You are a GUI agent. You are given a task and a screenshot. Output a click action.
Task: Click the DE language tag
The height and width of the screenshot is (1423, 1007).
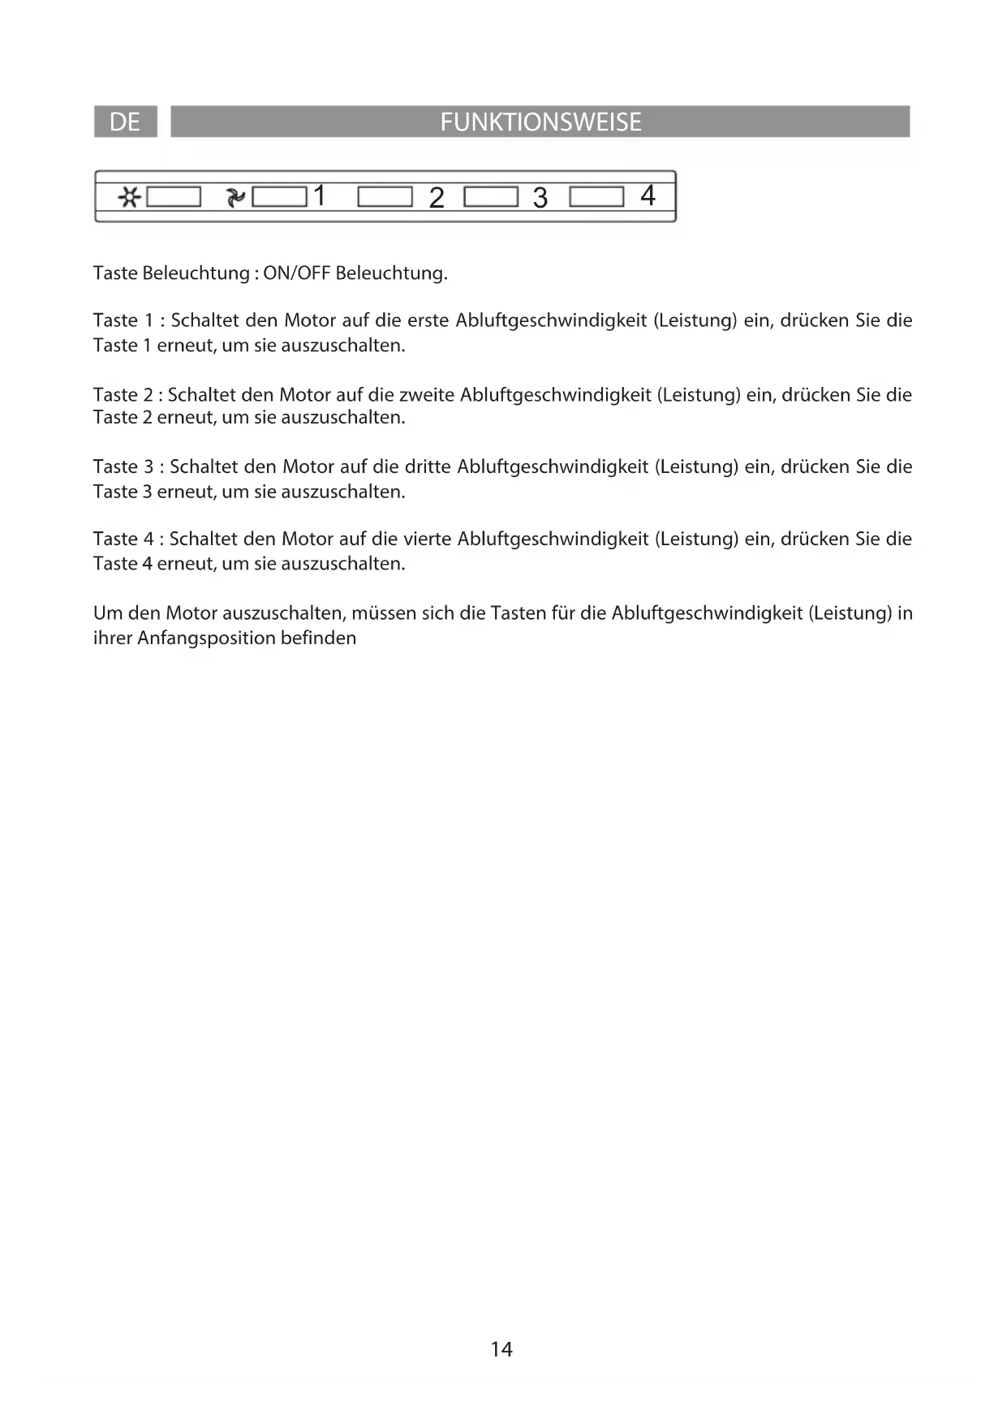coord(125,122)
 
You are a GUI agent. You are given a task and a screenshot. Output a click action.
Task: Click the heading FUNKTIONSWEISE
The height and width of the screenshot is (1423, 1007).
coord(540,122)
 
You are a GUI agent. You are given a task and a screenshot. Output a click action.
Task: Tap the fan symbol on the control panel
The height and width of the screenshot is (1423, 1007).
coord(235,197)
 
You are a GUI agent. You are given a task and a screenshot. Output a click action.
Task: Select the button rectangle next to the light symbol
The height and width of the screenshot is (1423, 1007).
coord(174,197)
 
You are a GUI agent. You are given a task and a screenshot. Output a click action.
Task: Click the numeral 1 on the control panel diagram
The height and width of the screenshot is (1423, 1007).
coord(320,196)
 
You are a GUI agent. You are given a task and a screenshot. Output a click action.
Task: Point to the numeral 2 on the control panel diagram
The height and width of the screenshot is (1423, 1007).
coord(437,198)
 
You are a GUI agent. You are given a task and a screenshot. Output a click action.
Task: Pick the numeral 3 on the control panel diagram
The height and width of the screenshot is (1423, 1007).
coord(540,198)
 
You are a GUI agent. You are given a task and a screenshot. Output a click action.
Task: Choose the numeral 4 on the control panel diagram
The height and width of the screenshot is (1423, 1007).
coord(648,196)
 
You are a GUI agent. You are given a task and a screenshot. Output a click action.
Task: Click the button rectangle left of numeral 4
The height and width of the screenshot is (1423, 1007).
coord(596,197)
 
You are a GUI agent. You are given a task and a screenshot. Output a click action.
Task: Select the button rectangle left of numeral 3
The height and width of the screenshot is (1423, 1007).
coord(491,197)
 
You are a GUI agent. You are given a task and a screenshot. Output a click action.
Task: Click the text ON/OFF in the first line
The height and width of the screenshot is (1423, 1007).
coord(297,273)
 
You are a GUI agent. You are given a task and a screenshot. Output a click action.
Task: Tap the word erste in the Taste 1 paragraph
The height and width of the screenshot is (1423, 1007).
coord(428,320)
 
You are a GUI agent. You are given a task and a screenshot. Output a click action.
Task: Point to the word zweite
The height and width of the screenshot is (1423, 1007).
coord(427,395)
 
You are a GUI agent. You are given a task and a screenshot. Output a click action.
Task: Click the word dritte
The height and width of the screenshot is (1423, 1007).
coord(428,466)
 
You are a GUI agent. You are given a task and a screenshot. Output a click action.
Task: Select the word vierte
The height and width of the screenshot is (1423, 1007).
coord(427,539)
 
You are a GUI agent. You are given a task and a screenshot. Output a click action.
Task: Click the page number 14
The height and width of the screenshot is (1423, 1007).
coord(501,1349)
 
